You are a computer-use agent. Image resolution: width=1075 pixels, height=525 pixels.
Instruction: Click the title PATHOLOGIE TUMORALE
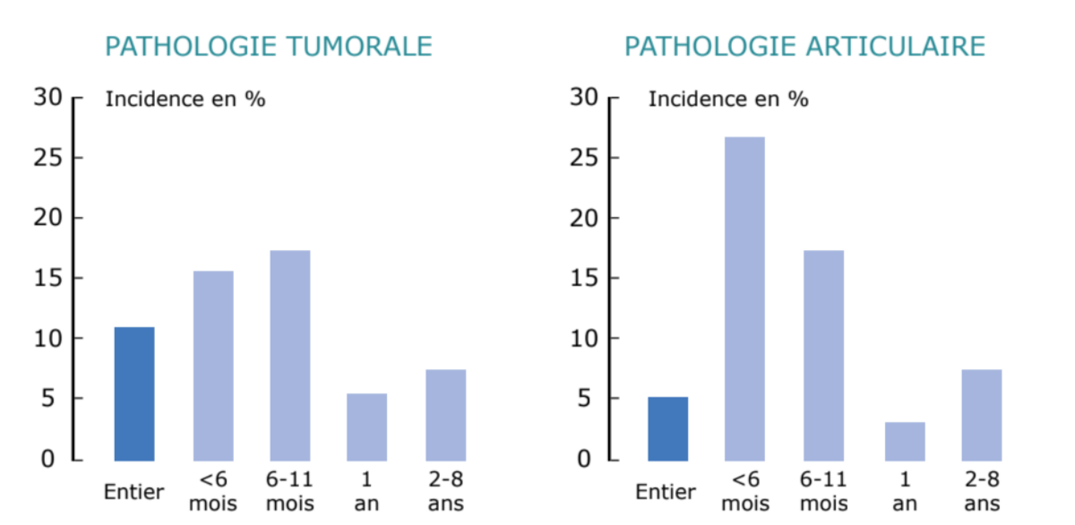click(x=269, y=47)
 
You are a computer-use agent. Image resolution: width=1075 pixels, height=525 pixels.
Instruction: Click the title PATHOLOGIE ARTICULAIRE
click(x=804, y=47)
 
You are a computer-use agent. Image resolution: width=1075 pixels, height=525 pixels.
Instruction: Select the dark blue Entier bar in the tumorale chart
click(x=134, y=393)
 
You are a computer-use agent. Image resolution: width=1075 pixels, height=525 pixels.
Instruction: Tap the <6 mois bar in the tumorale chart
click(x=213, y=366)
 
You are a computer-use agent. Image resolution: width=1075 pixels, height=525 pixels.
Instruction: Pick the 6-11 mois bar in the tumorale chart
click(x=290, y=355)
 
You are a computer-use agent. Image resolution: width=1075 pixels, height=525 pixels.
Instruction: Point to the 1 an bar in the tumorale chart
click(x=367, y=426)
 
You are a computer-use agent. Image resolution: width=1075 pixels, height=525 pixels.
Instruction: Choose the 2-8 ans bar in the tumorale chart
click(x=445, y=415)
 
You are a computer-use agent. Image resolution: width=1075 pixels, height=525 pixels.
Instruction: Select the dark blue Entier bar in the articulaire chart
click(x=668, y=428)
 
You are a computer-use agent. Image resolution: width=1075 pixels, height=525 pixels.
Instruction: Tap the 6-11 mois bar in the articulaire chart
click(x=823, y=355)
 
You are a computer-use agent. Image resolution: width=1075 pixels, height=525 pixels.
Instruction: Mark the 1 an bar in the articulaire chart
click(x=905, y=441)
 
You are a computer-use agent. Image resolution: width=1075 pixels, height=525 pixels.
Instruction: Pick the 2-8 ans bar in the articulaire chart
click(x=982, y=415)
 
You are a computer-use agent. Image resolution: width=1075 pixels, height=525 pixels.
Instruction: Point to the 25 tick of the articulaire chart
click(x=583, y=158)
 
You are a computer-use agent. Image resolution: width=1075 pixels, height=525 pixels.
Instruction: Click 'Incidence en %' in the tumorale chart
click(x=185, y=99)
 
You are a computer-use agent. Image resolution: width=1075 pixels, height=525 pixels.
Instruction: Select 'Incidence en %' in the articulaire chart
click(x=728, y=99)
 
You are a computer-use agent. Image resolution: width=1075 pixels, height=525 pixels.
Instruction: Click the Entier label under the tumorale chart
click(x=134, y=492)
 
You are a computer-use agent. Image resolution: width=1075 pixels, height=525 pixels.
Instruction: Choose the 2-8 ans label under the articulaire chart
click(x=982, y=492)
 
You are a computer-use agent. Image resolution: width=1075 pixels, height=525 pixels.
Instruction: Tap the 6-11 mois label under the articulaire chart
click(x=823, y=492)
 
